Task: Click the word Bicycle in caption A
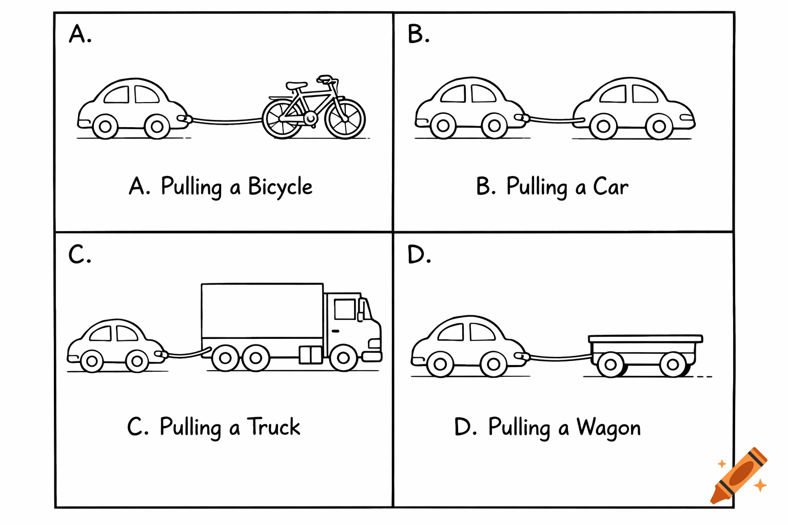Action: click(280, 187)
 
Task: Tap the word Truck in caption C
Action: click(274, 427)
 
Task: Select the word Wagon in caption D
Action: click(608, 428)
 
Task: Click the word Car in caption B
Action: click(610, 187)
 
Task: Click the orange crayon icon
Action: click(738, 476)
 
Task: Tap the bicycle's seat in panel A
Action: click(297, 85)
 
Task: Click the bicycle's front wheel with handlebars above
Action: click(345, 118)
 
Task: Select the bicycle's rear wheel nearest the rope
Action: click(283, 118)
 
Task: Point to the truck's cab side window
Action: click(344, 309)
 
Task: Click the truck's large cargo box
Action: click(262, 311)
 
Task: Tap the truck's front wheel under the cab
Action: click(343, 358)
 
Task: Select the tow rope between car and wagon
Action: click(559, 356)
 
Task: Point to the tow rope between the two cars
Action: click(551, 120)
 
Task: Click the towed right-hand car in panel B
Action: click(634, 109)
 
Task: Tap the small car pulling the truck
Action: click(116, 346)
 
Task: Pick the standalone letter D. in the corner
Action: click(419, 255)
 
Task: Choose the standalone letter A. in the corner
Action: click(80, 35)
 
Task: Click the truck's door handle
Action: click(336, 331)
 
